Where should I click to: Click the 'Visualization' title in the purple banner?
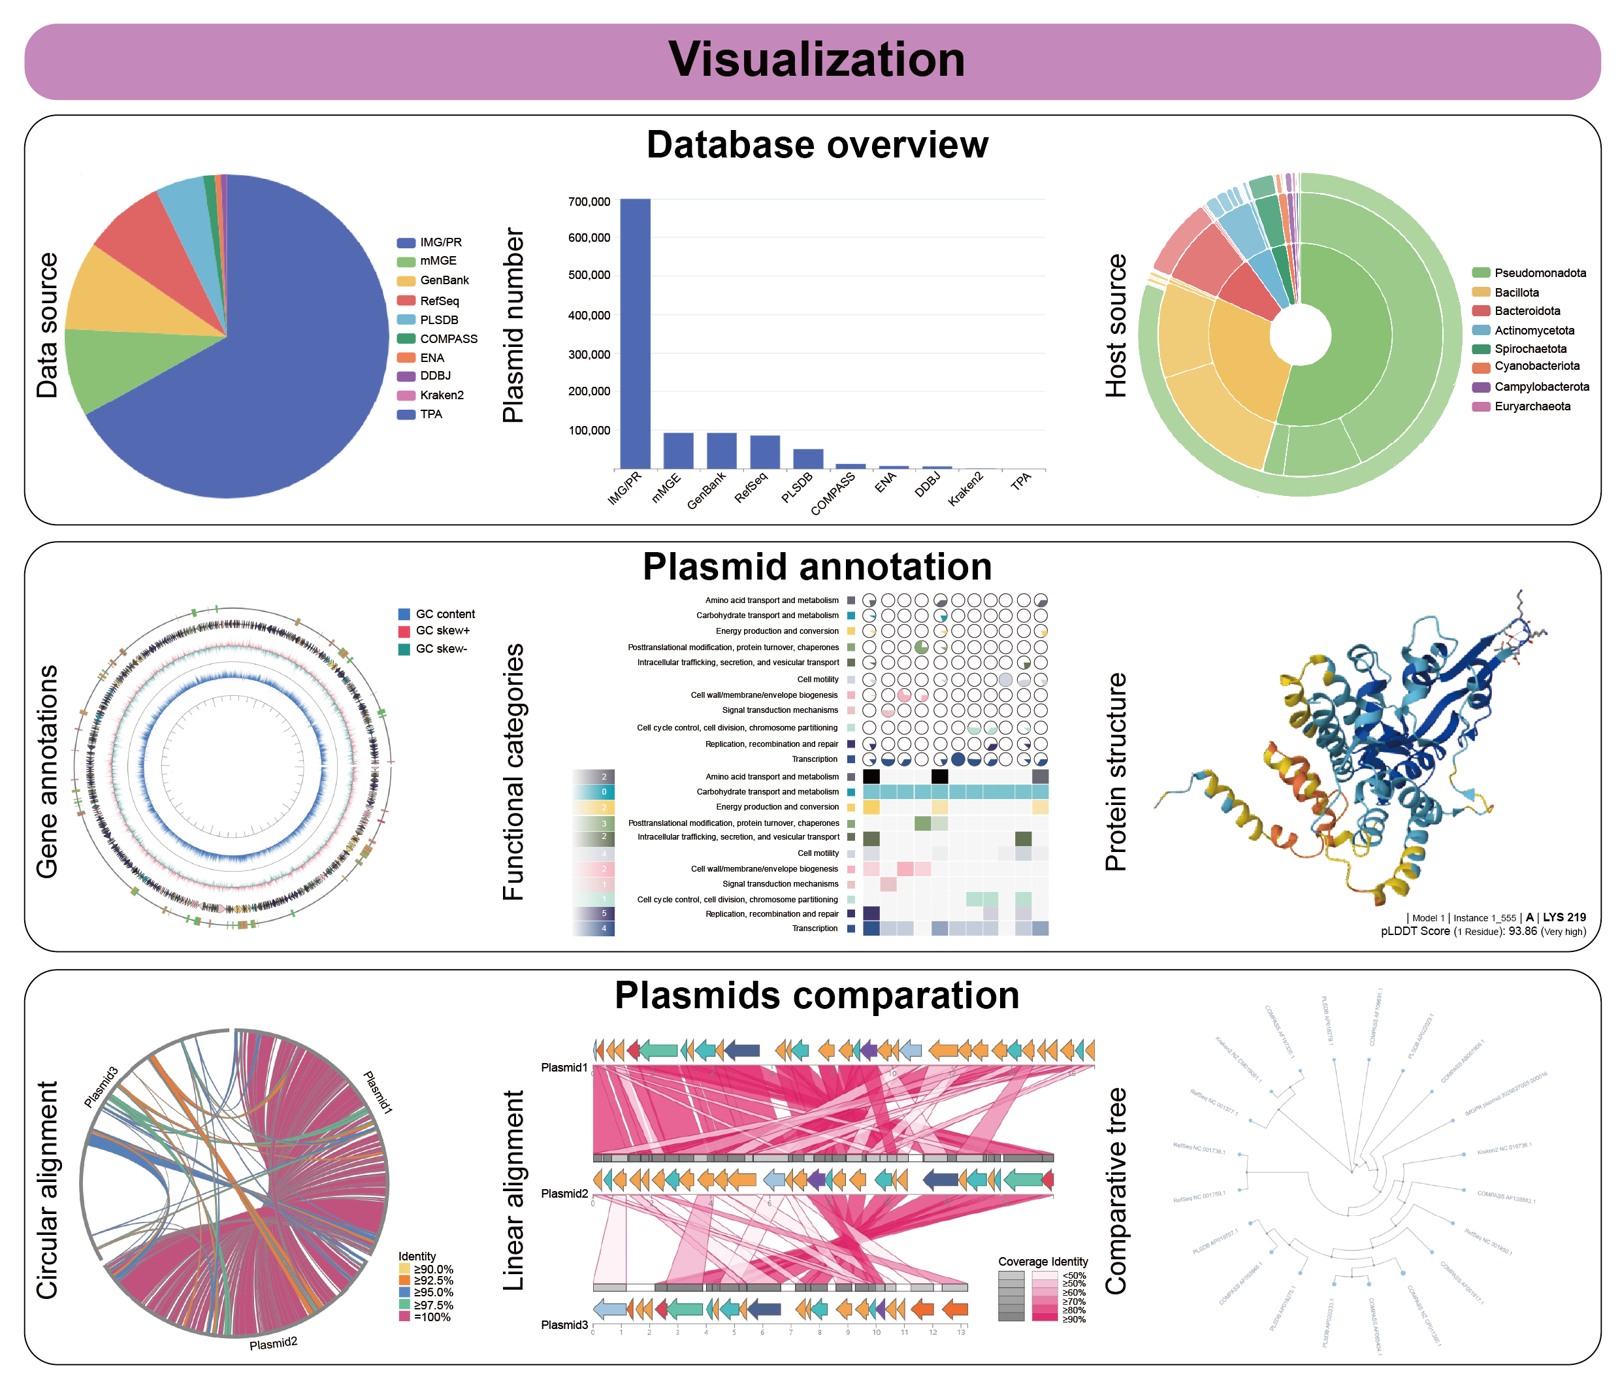817,60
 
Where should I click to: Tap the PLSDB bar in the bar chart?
807,459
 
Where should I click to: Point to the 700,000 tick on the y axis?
589,202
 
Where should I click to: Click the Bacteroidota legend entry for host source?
1526,311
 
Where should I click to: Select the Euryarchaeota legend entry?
1531,406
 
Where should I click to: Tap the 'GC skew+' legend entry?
442,631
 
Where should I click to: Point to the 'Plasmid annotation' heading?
817,567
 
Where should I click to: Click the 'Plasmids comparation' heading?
817,995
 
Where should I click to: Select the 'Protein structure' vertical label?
1116,772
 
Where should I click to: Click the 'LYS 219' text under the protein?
1564,917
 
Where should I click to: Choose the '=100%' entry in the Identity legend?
432,1317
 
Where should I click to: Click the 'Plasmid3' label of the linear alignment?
564,1324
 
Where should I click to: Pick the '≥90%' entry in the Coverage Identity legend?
1073,1319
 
